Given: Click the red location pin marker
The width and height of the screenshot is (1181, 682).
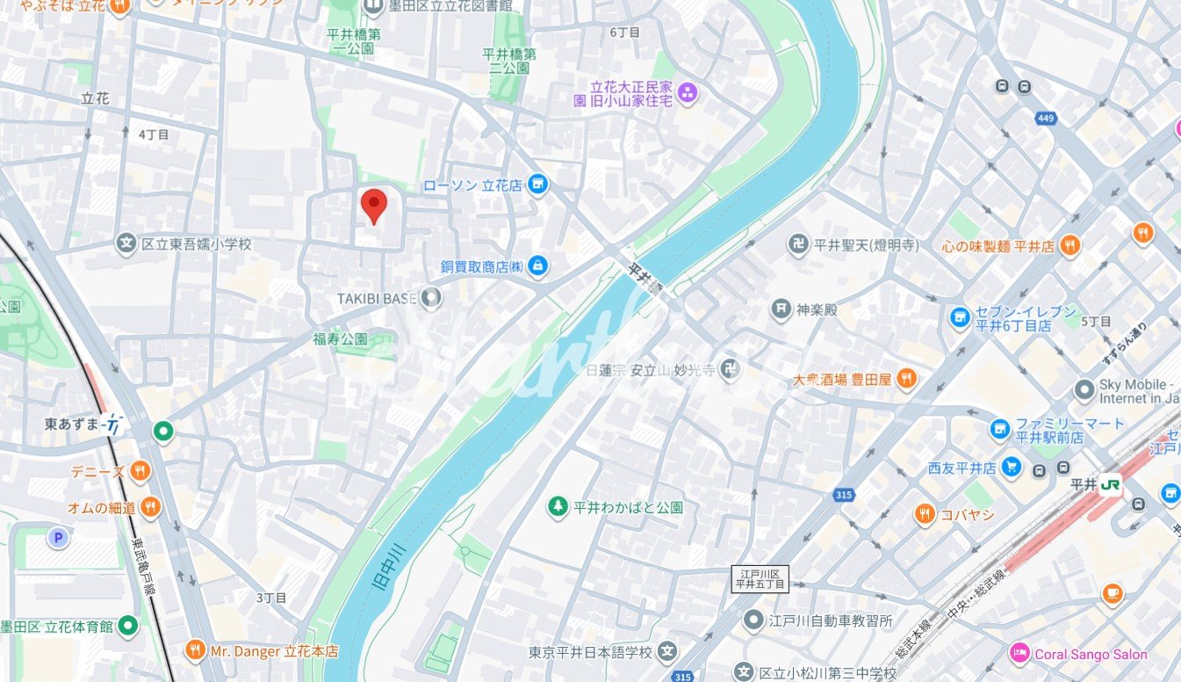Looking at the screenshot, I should click(x=375, y=205).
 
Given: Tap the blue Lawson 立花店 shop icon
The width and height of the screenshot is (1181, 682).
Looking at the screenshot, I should click(x=538, y=185).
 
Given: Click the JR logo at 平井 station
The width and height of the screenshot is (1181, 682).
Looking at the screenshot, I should click(x=1111, y=484).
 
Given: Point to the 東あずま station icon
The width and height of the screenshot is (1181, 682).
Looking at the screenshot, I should click(x=112, y=424).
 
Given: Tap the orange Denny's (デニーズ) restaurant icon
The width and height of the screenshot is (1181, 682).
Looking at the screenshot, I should click(x=140, y=472).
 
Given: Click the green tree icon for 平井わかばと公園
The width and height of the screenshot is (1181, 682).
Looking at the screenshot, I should click(x=557, y=507).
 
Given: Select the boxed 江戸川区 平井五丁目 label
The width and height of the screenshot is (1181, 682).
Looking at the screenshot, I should click(x=760, y=578).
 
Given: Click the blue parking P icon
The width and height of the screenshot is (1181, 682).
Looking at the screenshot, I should click(x=58, y=538).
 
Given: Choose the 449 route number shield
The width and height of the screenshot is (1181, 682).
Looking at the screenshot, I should click(x=1045, y=118).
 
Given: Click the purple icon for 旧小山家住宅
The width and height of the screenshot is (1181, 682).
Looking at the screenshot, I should click(x=688, y=92).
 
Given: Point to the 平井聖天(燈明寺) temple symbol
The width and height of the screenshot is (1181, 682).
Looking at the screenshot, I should click(x=798, y=245).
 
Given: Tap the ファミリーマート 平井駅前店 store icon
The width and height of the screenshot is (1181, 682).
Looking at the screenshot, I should click(x=999, y=430).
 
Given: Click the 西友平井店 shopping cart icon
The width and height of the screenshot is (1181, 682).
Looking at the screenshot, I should click(x=1012, y=468).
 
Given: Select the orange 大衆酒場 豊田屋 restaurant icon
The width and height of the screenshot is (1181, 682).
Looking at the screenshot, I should click(x=907, y=379).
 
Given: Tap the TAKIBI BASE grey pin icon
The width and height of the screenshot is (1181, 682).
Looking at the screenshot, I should click(x=430, y=298).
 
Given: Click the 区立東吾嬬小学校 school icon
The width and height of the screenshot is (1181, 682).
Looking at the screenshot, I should click(x=126, y=243).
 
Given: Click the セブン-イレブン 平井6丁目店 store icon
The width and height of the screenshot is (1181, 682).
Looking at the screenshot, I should click(x=961, y=317).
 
